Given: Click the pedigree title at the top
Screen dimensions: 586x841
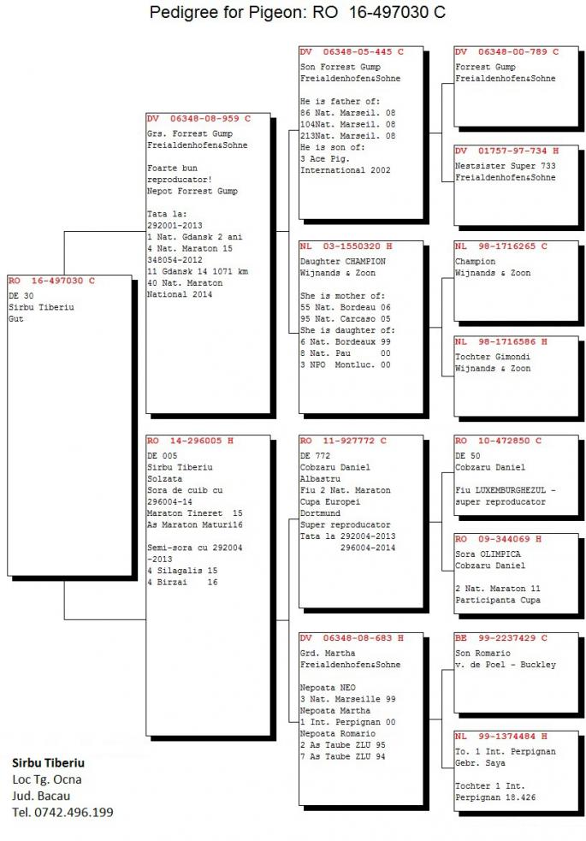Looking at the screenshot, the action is point(297,12).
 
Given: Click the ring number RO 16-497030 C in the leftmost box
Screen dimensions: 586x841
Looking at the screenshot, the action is point(51,281).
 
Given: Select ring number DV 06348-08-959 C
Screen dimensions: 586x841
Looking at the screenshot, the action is point(199,119).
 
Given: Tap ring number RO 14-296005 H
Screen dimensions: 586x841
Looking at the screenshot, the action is point(190,441).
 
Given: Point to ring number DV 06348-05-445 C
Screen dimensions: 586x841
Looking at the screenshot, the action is point(352,52).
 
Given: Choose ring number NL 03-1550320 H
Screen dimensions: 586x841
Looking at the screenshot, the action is point(346,246).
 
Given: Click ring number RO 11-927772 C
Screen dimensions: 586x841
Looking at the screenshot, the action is point(343,441).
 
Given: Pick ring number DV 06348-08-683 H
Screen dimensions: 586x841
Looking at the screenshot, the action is point(352,638).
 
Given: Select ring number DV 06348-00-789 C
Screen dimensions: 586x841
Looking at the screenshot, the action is point(507,52).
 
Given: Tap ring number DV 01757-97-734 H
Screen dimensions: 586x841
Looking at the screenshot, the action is point(507,151).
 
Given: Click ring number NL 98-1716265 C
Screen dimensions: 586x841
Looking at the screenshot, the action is point(501,246).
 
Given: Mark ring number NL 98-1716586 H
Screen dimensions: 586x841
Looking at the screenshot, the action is point(501,341).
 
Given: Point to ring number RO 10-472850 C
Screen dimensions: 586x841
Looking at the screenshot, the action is point(499,441).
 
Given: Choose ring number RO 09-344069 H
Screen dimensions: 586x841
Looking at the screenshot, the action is point(499,539).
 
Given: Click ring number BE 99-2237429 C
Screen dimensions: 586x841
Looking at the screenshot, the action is point(501,638).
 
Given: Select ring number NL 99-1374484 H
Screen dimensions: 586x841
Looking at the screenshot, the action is point(501,737).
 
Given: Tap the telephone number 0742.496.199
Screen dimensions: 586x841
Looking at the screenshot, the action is point(74,813).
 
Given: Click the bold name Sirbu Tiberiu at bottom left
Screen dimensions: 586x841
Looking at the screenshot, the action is point(48,762).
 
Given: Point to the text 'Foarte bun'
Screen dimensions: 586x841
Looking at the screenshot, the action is point(172,169).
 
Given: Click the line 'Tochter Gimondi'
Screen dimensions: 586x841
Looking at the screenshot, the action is point(493,358).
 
